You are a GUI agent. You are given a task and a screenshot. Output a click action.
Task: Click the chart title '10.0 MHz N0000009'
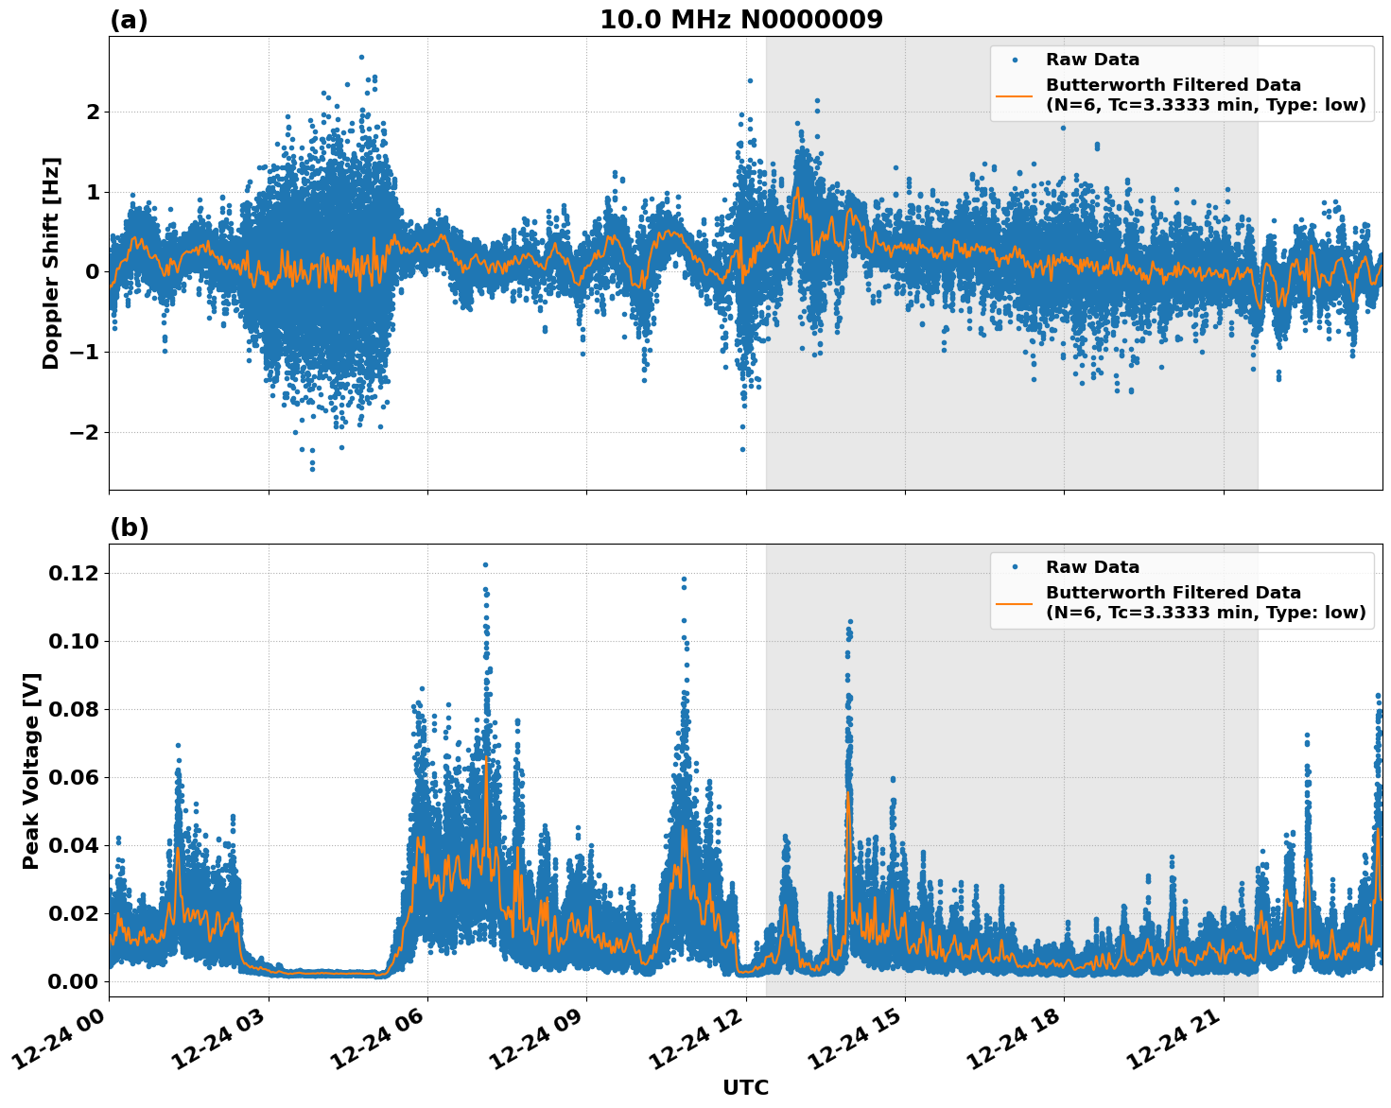click(x=740, y=20)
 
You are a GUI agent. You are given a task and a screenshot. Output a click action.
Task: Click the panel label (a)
click(x=129, y=20)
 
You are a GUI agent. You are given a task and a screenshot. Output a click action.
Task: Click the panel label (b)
click(x=129, y=528)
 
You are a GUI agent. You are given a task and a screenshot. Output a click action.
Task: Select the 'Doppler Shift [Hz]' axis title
click(x=51, y=263)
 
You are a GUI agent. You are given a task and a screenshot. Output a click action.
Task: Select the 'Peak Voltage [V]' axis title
click(x=31, y=770)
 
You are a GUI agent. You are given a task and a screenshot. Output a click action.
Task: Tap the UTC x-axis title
click(x=745, y=1087)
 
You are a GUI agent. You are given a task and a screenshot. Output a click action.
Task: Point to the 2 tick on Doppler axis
click(x=93, y=113)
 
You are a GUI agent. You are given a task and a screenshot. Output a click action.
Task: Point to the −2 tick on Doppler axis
click(x=85, y=433)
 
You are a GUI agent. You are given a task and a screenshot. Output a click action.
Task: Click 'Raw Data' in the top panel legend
click(x=1092, y=60)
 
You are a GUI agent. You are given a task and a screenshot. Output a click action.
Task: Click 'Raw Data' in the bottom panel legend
click(x=1092, y=567)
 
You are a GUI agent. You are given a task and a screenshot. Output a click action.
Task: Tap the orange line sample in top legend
click(x=1014, y=95)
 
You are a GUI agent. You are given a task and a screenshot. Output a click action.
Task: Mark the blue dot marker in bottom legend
click(x=1014, y=567)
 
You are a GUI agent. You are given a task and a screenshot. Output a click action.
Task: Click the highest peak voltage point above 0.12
click(x=485, y=564)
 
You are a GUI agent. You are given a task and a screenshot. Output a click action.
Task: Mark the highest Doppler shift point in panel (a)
click(x=361, y=57)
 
